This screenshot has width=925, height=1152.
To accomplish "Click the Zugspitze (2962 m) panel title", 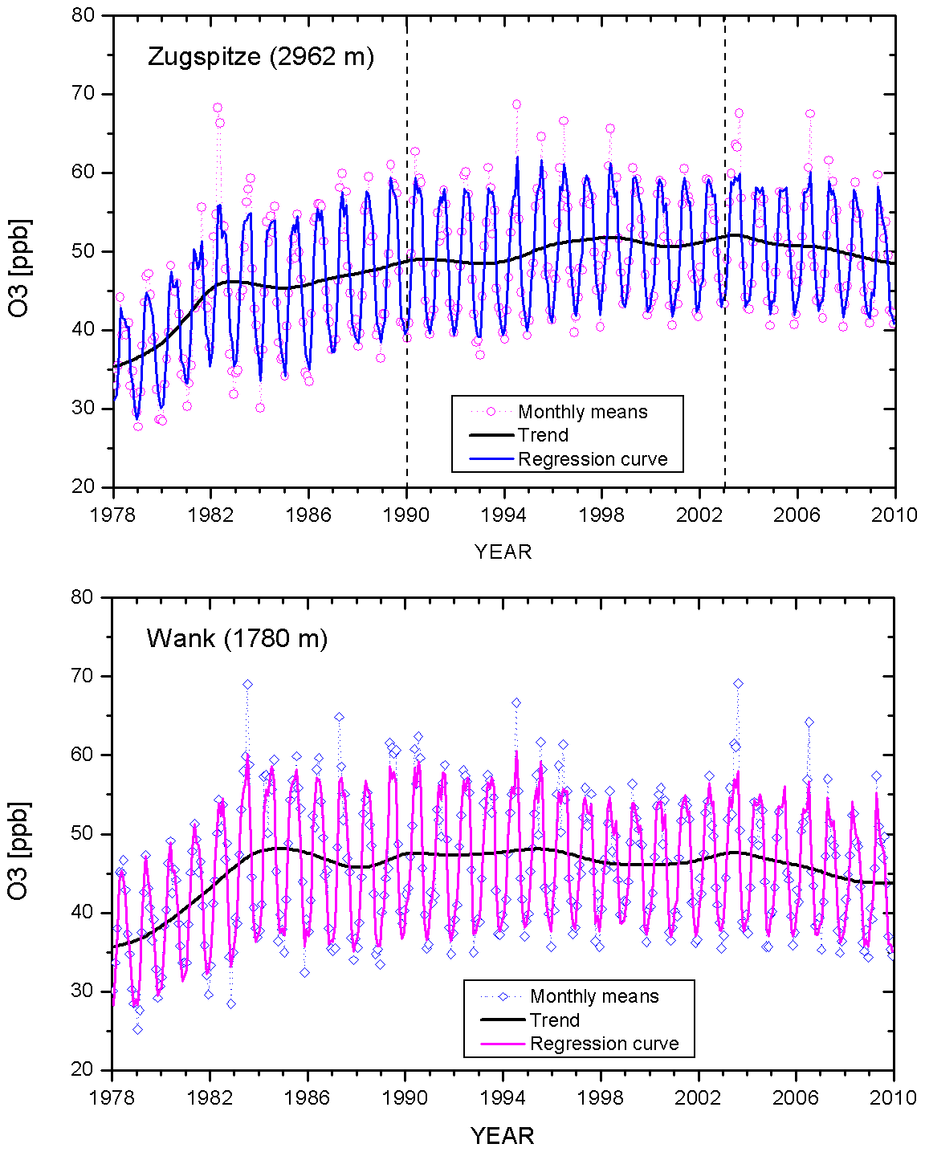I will tap(260, 57).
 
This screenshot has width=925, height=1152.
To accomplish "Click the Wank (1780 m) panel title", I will tap(237, 639).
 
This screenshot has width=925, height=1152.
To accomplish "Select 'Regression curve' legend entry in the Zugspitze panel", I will tap(593, 459).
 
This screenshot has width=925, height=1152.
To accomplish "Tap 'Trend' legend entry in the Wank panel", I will tap(554, 1020).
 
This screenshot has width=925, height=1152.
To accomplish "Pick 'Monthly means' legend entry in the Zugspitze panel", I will tap(582, 412).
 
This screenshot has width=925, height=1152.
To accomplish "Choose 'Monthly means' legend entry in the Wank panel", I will tap(594, 996).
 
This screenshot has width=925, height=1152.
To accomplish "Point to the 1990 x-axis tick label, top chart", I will tap(406, 515).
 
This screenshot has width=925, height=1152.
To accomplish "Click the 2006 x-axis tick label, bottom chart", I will tap(796, 1097).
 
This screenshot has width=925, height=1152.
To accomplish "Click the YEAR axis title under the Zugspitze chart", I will tap(503, 552).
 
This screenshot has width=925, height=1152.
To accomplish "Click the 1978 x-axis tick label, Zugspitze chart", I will tap(113, 515).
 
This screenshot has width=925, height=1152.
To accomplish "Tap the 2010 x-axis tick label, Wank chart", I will tap(894, 1097).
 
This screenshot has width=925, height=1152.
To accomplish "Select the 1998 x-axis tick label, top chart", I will tap(602, 515).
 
